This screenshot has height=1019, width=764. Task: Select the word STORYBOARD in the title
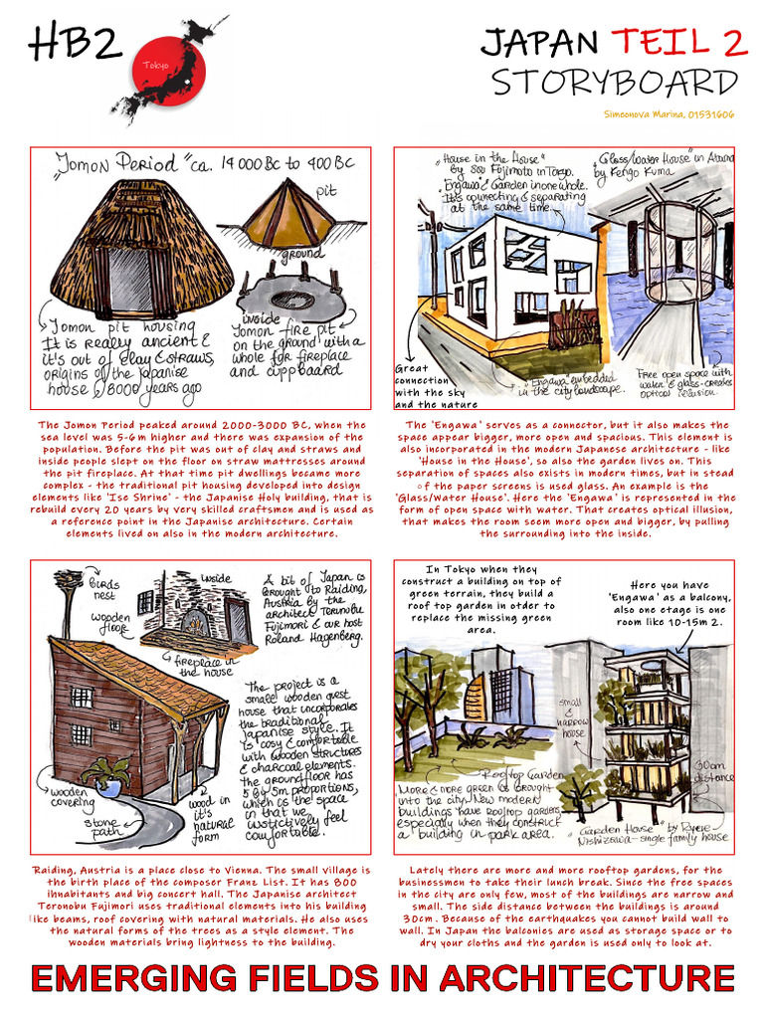click(x=615, y=82)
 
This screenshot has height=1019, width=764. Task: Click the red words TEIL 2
click(x=679, y=42)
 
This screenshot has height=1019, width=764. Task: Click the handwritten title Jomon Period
click(x=117, y=163)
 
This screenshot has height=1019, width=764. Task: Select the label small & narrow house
click(x=574, y=717)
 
